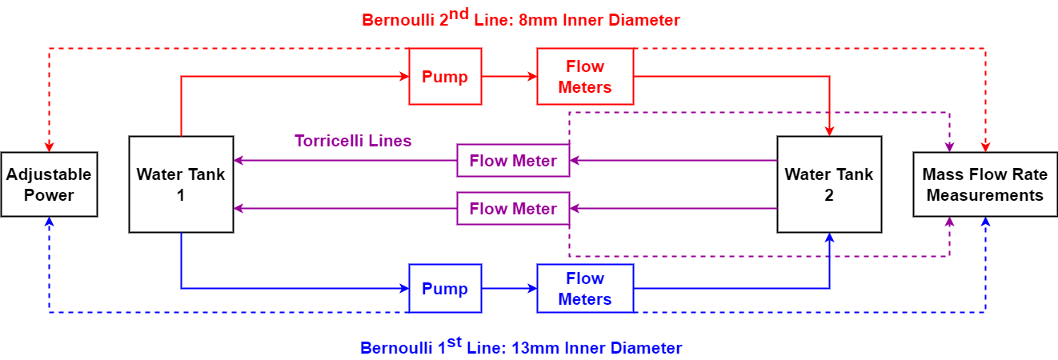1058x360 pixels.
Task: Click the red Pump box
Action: pos(445,77)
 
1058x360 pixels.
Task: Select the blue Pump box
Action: pos(445,288)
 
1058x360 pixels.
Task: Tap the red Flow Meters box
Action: pos(584,77)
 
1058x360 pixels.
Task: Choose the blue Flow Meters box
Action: pos(584,289)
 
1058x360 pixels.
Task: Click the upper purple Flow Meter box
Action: pos(513,161)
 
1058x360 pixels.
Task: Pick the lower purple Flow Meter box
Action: pos(513,209)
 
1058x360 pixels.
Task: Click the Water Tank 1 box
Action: pos(181,184)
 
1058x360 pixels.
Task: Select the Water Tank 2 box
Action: pos(829,184)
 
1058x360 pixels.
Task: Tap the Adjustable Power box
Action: pos(49,184)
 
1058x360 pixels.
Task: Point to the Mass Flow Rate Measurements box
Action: pos(984,184)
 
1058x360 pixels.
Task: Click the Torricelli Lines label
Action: pos(353,141)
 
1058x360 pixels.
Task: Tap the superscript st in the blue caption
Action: pos(455,342)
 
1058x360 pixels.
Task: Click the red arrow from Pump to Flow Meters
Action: pos(509,77)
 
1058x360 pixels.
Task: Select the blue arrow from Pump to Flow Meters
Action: pos(509,288)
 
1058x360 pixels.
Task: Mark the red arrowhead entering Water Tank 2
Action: pos(830,130)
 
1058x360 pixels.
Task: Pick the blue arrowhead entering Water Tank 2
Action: pos(830,238)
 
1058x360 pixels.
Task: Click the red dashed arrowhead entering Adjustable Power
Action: pos(50,146)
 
